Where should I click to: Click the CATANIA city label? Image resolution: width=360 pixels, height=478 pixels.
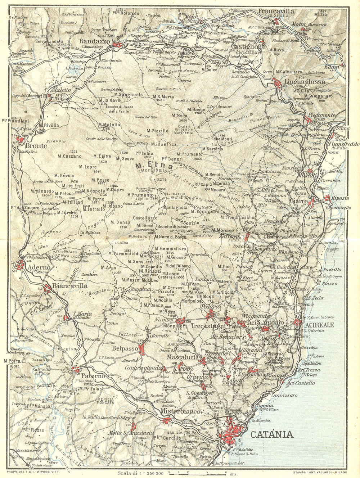pyautogui.click(x=271, y=434)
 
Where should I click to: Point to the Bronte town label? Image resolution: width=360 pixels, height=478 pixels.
pyautogui.click(x=36, y=146)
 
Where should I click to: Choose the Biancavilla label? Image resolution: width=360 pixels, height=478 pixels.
pyautogui.click(x=70, y=286)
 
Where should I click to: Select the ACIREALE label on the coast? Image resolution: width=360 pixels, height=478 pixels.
pyautogui.click(x=319, y=325)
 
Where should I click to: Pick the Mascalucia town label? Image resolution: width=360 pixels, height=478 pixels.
pyautogui.click(x=183, y=357)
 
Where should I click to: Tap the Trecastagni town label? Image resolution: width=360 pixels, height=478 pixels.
pyautogui.click(x=203, y=326)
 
